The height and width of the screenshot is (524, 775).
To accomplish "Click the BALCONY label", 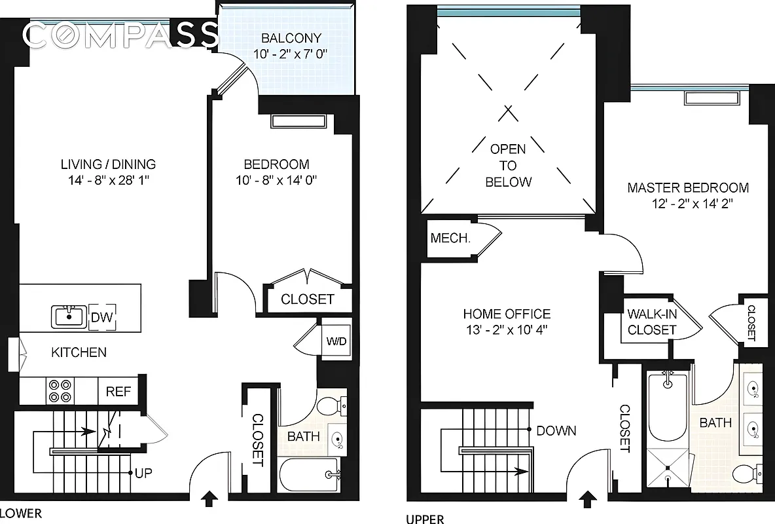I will (x=286, y=37).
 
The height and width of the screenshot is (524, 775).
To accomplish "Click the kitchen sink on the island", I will (x=69, y=316).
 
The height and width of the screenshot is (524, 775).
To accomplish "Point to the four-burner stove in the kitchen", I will (x=58, y=391).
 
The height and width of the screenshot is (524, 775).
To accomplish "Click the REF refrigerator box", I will (x=118, y=392).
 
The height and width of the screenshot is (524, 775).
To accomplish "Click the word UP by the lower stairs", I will (x=145, y=472).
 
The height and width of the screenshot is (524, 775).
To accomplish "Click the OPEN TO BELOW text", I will (x=508, y=166).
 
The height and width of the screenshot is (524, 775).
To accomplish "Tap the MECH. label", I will (x=450, y=238).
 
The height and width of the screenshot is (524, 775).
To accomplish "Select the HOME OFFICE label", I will (x=507, y=314).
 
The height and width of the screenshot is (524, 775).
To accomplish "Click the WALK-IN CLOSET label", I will (x=651, y=322).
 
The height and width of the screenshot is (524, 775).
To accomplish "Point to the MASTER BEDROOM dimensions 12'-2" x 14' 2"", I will (x=688, y=204).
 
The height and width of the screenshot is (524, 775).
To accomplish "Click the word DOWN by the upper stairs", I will (x=556, y=430).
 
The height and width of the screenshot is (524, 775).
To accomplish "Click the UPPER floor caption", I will (x=425, y=519).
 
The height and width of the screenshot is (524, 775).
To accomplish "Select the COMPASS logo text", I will (x=121, y=35).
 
